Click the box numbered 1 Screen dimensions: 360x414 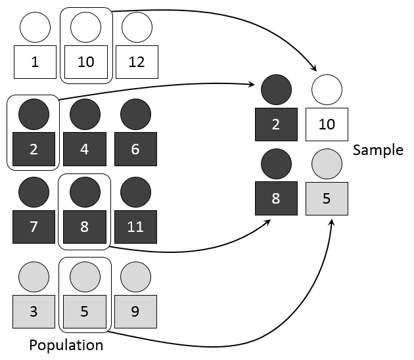(34, 62)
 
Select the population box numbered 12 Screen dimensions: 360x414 (136, 62)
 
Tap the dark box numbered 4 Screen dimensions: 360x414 (85, 149)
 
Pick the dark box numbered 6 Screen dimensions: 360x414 (135, 149)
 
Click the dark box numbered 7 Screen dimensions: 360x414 (34, 227)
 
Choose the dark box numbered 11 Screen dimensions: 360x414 (135, 227)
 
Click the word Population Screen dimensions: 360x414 (66, 345)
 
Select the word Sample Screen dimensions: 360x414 (378, 150)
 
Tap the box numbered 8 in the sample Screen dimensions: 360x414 (276, 198)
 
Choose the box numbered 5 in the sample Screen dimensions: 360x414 (327, 198)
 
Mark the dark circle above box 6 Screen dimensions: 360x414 (135, 114)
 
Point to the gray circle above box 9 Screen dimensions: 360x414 (135, 277)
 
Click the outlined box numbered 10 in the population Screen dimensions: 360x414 (85, 62)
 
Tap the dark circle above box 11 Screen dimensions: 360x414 (135, 192)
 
